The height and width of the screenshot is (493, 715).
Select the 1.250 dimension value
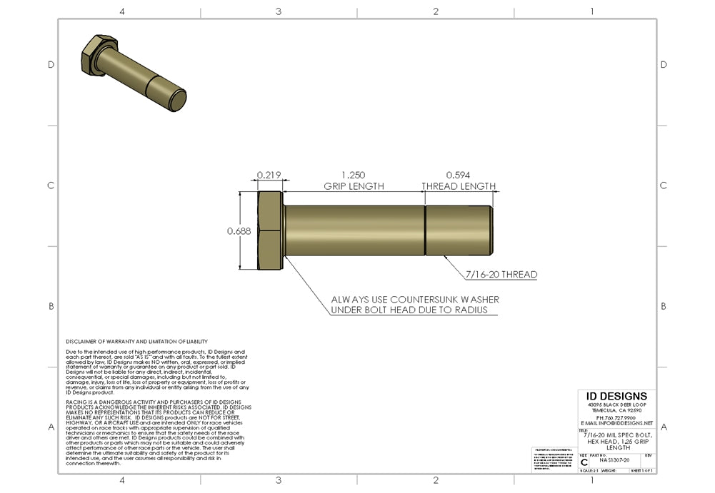[354, 175]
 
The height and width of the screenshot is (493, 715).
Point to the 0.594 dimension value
[459, 175]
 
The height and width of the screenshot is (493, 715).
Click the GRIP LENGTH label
[354, 186]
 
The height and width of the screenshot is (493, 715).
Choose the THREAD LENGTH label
[459, 186]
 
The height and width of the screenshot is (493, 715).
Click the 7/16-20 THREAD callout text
[501, 274]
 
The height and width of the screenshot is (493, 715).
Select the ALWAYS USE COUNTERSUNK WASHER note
[415, 300]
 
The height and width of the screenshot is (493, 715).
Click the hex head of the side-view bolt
[271, 230]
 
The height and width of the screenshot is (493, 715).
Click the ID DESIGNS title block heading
[616, 397]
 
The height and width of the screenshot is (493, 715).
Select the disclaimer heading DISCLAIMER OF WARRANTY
[136, 342]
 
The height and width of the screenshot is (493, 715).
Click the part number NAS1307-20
[615, 461]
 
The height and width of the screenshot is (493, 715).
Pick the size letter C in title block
[584, 462]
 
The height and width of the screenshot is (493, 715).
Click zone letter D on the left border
[51, 64]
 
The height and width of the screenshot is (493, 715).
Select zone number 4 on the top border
[122, 11]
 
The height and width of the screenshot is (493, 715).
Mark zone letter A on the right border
[664, 427]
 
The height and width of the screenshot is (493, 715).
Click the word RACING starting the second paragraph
[75, 402]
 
